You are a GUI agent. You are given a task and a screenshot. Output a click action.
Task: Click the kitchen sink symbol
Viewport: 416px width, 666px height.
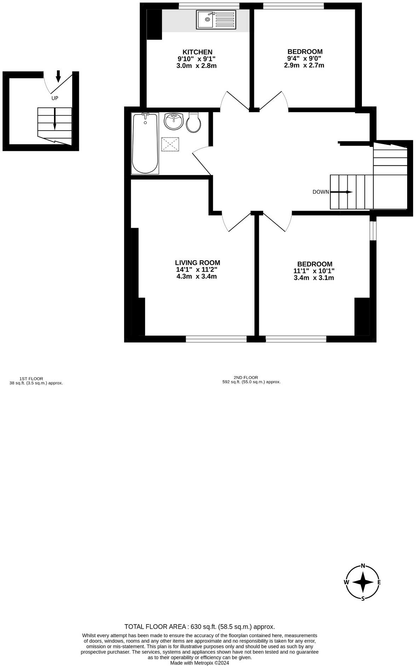pos(216,19)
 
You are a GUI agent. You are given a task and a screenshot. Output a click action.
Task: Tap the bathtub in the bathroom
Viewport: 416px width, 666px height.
pos(145,143)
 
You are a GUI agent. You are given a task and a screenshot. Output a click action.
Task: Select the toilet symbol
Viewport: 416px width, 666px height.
pos(193,123)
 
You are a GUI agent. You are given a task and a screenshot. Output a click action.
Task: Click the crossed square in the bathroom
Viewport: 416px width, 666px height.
pos(170,144)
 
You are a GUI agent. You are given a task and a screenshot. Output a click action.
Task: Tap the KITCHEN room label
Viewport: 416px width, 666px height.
pos(197,52)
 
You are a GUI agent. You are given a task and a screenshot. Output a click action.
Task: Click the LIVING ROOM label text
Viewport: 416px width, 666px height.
pos(197,263)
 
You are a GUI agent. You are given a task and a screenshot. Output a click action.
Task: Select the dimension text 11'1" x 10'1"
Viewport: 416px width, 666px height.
pos(314,271)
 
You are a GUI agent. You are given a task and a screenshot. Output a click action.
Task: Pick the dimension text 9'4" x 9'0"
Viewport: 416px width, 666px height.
pos(304,58)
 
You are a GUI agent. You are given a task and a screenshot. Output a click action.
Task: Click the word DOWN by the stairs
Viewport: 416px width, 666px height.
pos(320,192)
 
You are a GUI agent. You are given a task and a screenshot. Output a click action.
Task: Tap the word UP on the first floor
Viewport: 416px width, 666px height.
pos(55,98)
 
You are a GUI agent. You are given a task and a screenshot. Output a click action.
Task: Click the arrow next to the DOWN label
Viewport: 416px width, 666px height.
pos(341,192)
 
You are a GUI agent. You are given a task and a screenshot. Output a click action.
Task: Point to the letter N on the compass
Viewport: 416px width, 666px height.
pos(363,565)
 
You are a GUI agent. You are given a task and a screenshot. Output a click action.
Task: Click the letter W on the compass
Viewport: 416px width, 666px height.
pos(346,582)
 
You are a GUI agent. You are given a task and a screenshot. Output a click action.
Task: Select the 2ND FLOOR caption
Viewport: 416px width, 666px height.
pos(245,377)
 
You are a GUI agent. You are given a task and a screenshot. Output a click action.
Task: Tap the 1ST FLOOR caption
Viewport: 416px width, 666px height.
pos(31,378)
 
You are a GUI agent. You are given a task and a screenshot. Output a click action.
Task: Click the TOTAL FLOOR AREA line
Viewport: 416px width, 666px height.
pos(200,627)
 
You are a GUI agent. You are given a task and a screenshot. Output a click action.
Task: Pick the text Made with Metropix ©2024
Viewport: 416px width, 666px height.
pos(200,663)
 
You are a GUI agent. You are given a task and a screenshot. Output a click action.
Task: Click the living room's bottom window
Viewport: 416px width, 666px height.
pos(216,339)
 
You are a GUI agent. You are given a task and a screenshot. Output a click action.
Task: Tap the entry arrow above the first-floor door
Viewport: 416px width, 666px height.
pos(58,76)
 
